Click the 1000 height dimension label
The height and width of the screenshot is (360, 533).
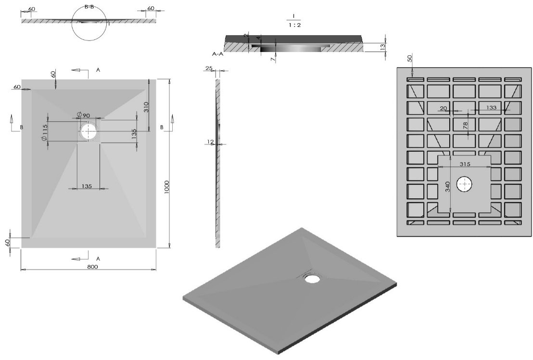coord(166,187)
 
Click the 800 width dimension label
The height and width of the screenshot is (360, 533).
coord(92,267)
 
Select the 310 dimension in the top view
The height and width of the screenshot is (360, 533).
coord(146,108)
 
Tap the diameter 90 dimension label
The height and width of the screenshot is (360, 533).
coord(83,115)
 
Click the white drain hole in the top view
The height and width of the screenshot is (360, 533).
coord(89,131)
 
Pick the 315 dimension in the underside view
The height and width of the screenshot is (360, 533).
coord(465,164)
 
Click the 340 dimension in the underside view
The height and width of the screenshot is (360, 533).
coord(448,187)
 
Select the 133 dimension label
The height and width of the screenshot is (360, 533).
coord(491,107)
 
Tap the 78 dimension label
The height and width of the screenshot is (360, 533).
coord(465,126)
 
